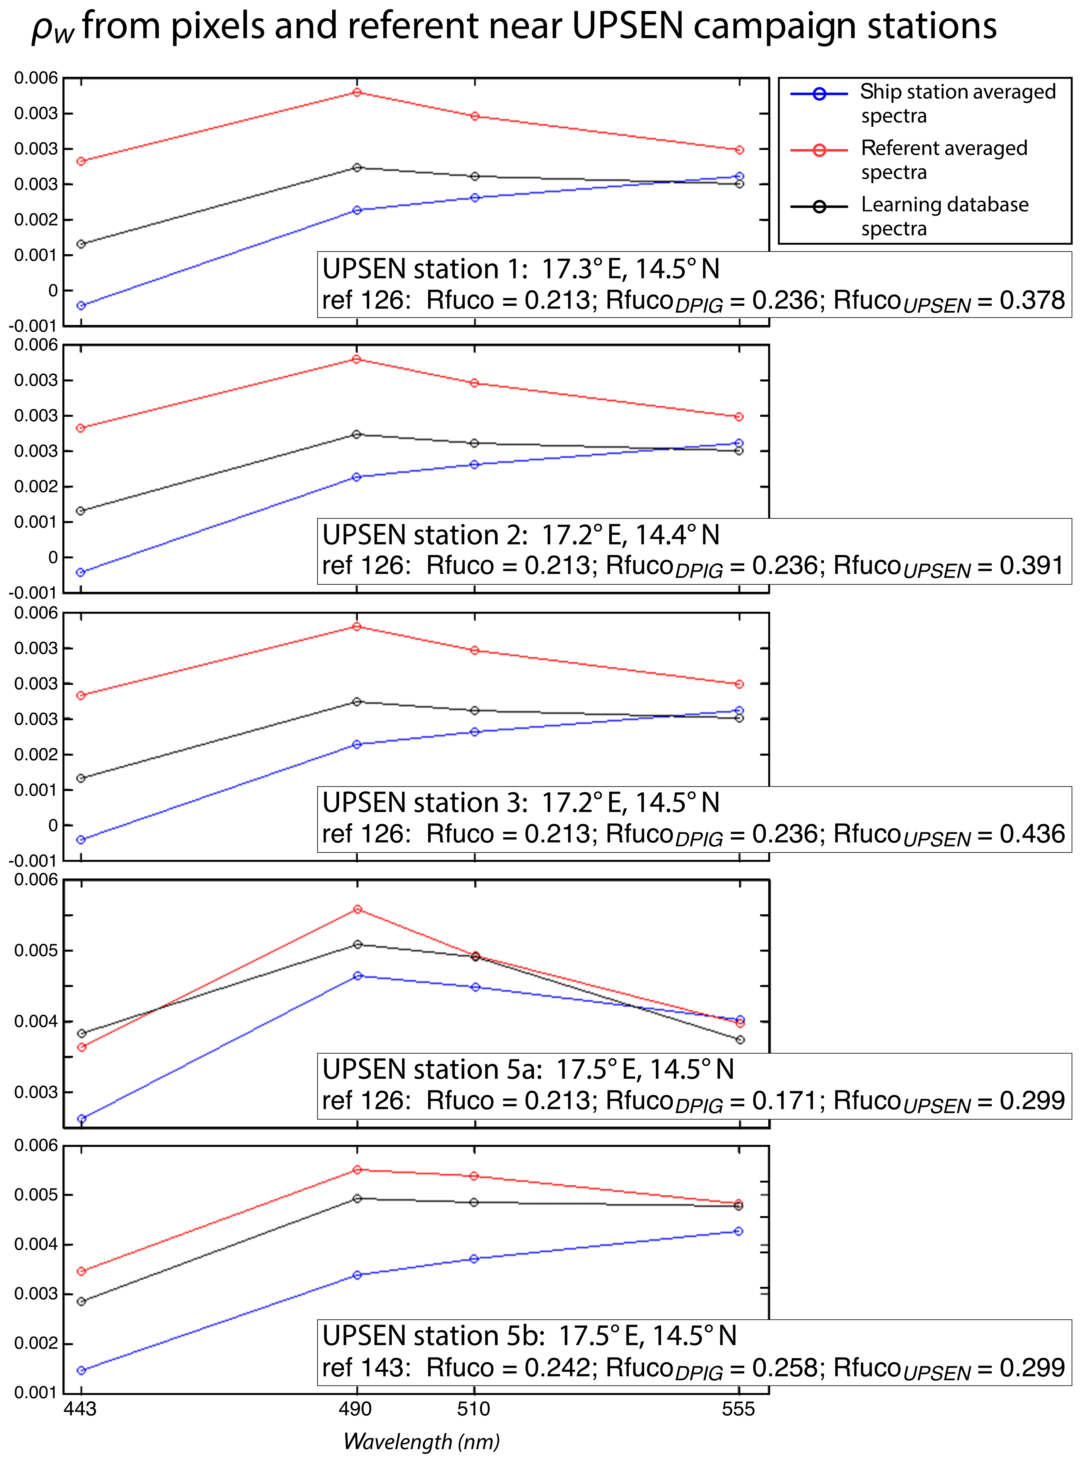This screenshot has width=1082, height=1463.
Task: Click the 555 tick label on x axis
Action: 738,1409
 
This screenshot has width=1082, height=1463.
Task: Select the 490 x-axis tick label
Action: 356,1409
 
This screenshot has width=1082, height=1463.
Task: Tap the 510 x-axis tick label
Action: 473,1409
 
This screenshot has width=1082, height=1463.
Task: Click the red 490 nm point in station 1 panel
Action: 357,92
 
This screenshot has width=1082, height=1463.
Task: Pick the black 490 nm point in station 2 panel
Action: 357,434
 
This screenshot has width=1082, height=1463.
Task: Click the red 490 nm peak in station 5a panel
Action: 358,909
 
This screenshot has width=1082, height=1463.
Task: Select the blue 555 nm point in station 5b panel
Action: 739,1231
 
